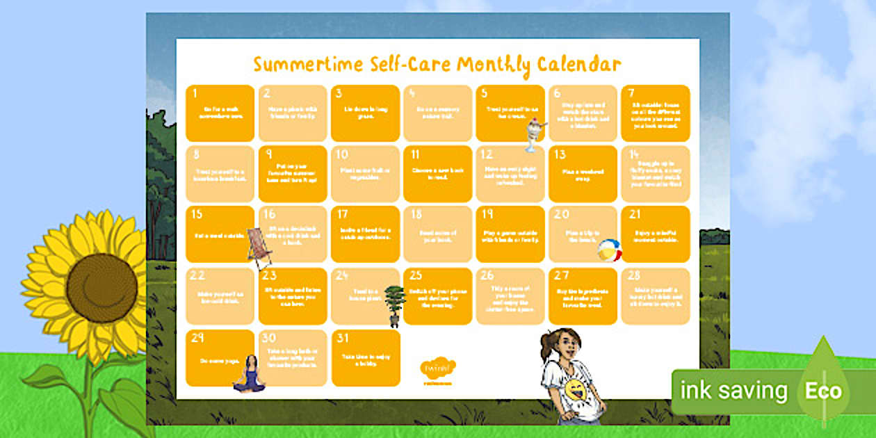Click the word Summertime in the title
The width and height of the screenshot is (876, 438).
click(298, 65)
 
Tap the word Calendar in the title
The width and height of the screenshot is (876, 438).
click(578, 65)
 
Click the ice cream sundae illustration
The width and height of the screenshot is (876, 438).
click(535, 133)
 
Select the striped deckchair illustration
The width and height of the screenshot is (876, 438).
click(259, 247)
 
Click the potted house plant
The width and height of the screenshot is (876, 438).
click(394, 305)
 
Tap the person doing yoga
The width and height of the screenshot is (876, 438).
click(249, 373)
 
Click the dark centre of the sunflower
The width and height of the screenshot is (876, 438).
click(102, 288)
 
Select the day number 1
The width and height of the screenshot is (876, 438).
click(196, 93)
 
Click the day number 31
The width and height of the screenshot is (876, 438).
click(342, 339)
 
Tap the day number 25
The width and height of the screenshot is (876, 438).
click(416, 276)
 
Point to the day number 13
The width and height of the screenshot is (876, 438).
click(560, 154)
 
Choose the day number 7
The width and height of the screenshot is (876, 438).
click(632, 93)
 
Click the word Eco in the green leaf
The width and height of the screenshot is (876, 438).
click(823, 391)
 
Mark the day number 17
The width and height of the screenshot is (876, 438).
click(342, 215)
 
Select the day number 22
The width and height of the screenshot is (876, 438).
click(198, 276)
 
